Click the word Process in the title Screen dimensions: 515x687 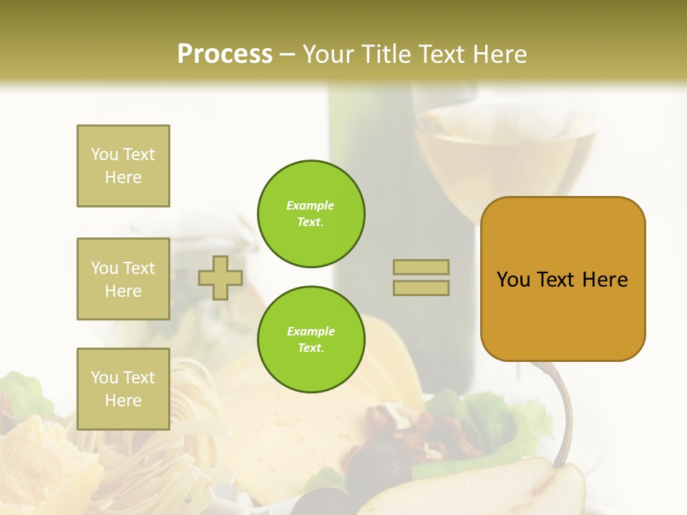click(x=225, y=54)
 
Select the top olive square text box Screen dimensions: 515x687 click(x=123, y=166)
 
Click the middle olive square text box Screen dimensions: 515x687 click(x=123, y=279)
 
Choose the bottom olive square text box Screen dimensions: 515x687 click(x=123, y=389)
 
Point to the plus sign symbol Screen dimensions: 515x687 click(x=220, y=278)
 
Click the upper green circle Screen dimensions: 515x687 click(x=311, y=214)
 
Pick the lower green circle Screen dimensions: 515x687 click(x=311, y=340)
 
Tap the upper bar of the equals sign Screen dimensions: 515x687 click(x=421, y=267)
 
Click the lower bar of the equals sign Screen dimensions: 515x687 click(x=421, y=288)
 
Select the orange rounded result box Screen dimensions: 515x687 click(x=562, y=279)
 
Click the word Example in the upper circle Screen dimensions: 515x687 click(x=311, y=205)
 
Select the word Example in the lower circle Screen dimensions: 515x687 click(x=311, y=331)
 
